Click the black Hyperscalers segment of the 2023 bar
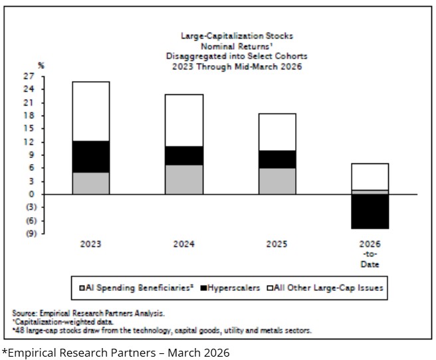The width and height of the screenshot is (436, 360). coord(91,157)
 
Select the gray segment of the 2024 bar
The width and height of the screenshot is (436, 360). coord(184,179)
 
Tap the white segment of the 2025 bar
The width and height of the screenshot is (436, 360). coord(277,132)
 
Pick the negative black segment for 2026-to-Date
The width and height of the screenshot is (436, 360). coord(370,211)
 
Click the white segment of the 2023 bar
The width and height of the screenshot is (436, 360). coord(91,111)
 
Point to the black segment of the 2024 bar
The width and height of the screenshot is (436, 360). coord(184,155)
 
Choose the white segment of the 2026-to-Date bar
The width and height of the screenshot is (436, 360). coord(370,177)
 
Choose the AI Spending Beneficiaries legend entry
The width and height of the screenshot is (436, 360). coord(140,288)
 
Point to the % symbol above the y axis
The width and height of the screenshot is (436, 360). coord(41,65)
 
